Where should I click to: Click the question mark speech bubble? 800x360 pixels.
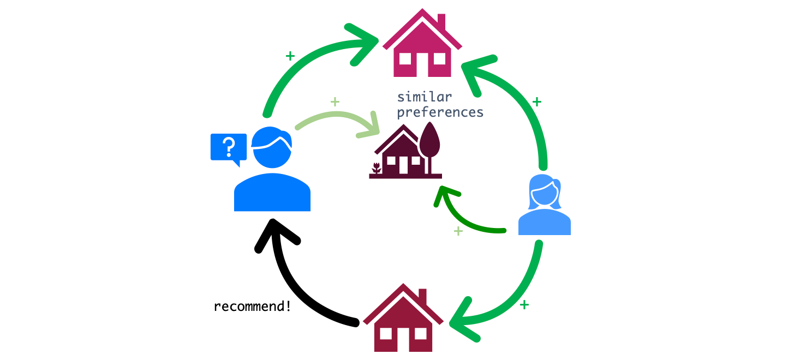228,147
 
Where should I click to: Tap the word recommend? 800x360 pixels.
252,306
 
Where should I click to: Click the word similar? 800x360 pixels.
424,97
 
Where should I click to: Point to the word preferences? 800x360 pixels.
439,112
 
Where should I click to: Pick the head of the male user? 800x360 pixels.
272,147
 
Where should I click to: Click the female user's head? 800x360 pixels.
544,192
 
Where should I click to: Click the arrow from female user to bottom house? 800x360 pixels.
518,300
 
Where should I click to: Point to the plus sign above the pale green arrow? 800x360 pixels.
335,101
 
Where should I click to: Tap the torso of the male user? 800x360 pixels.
272,194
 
